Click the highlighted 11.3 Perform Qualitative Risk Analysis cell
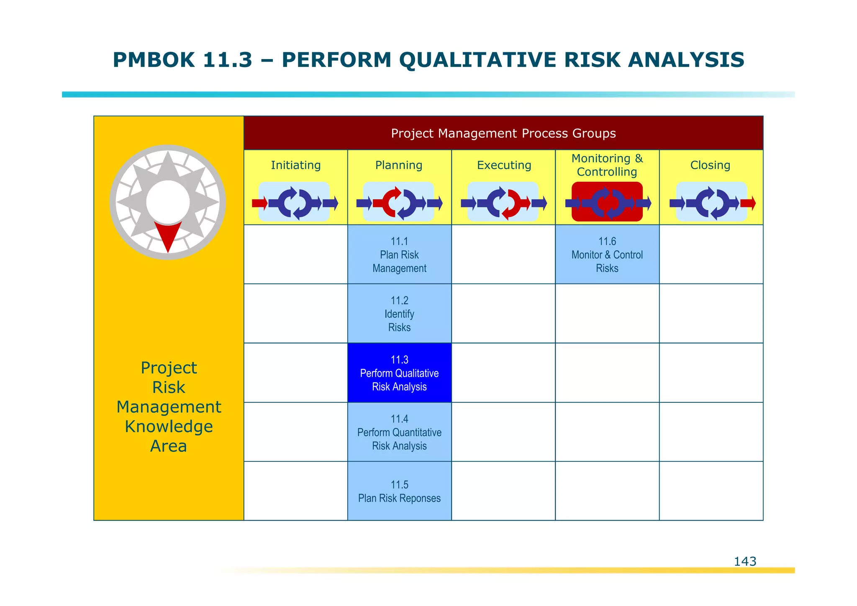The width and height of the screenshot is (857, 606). tap(399, 373)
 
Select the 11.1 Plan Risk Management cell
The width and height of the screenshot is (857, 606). tap(399, 255)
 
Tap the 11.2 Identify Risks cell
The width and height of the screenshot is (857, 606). tap(399, 314)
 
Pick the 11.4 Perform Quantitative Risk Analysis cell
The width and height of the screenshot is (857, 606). tap(399, 432)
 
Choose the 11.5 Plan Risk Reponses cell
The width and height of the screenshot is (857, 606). tap(399, 491)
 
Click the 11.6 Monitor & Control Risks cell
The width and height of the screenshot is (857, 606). tap(607, 255)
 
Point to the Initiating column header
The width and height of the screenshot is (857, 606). tap(295, 165)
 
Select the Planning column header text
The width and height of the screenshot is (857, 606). tap(398, 165)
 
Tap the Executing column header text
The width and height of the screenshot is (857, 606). tap(504, 165)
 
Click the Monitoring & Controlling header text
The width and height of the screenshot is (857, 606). tap(607, 165)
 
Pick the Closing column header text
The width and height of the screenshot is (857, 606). tap(710, 165)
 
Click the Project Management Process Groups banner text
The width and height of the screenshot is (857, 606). tap(503, 133)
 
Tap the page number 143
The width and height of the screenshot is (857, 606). tap(745, 561)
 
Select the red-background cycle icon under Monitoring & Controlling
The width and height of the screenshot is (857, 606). tap(607, 202)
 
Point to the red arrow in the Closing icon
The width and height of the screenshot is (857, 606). tap(748, 204)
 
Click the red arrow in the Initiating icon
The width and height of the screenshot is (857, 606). tap(259, 204)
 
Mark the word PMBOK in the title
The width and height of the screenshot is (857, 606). tap(154, 59)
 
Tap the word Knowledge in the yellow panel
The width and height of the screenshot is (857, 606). tap(169, 426)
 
